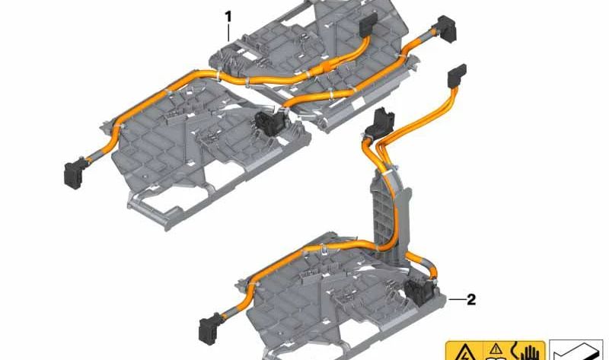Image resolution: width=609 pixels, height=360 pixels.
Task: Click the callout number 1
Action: [228, 17]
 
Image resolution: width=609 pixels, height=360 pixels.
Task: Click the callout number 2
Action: [470, 299]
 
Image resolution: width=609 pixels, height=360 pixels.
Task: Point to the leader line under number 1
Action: [228, 33]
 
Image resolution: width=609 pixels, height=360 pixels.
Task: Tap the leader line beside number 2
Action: [456, 299]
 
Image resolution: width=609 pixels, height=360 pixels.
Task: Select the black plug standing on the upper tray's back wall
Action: [368, 24]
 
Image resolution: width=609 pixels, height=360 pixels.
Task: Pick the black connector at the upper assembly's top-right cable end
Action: [446, 27]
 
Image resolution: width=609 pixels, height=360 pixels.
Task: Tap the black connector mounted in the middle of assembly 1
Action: [268, 123]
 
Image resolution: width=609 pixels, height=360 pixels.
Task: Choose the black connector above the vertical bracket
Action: [383, 123]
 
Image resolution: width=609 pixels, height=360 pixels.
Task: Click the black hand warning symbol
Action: [528, 351]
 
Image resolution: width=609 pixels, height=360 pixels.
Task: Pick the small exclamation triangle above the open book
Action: [496, 349]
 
